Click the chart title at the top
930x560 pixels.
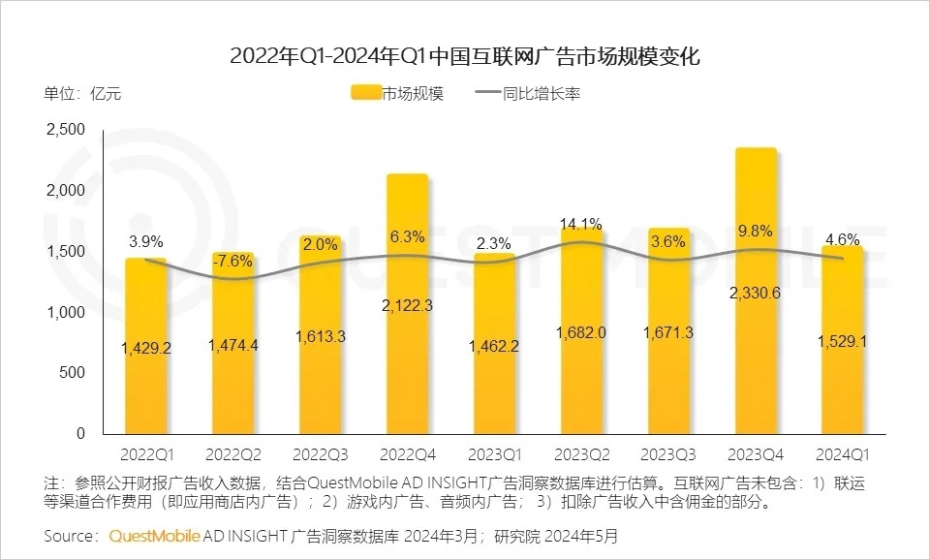tap(464, 55)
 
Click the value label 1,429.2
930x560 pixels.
tap(147, 348)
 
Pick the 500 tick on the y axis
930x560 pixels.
tap(74, 373)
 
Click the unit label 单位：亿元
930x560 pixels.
tap(83, 94)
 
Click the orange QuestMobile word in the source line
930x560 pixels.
tap(154, 535)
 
